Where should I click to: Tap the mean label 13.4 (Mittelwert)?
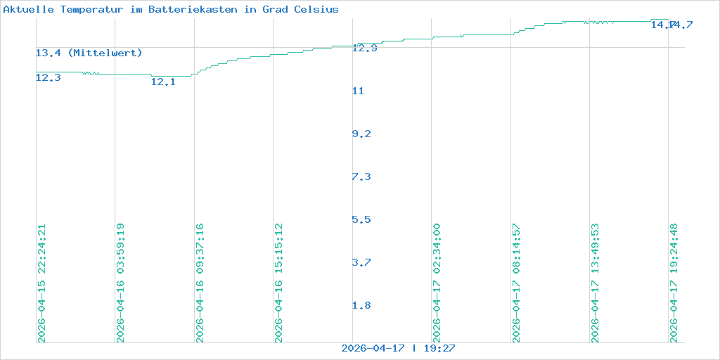click(x=89, y=53)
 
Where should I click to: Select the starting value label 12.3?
click(x=49, y=78)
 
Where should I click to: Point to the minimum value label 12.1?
click(x=164, y=82)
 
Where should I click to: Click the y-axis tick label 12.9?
click(x=365, y=49)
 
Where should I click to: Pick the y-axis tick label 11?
click(x=359, y=91)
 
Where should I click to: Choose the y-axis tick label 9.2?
click(x=362, y=134)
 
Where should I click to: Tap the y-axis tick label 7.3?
click(x=361, y=177)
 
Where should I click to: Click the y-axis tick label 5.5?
click(x=361, y=220)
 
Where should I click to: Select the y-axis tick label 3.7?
click(x=361, y=263)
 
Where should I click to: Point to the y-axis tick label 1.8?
click(x=361, y=306)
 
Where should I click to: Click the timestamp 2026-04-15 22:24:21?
click(x=41, y=283)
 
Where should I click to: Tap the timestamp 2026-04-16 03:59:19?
click(x=121, y=283)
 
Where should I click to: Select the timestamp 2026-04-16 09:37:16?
click(x=200, y=283)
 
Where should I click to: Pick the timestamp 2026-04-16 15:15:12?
click(x=279, y=283)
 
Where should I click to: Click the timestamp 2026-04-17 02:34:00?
click(x=437, y=283)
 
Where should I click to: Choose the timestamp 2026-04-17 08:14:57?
click(x=517, y=283)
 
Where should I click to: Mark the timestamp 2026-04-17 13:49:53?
click(x=596, y=283)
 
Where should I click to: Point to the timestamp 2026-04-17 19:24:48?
click(x=674, y=283)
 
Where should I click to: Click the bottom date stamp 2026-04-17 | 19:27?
click(x=399, y=348)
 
